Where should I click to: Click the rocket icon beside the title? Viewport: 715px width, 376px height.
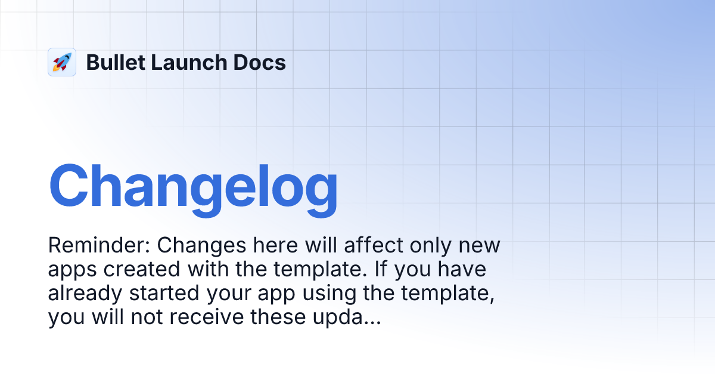click(62, 62)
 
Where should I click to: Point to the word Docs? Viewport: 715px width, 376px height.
click(260, 63)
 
